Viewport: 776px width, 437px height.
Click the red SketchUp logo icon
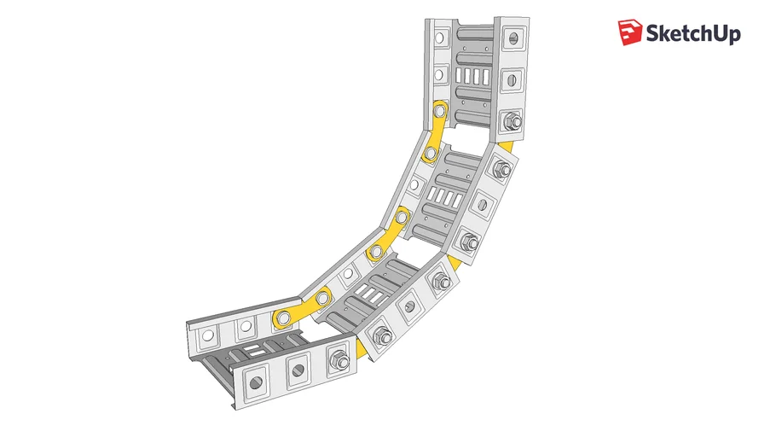629,32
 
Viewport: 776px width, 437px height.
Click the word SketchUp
693,33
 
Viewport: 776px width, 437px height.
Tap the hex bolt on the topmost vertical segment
513,121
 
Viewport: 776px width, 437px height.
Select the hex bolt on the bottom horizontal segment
339,359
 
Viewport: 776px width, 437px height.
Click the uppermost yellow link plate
436,131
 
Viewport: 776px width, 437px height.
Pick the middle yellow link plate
389,235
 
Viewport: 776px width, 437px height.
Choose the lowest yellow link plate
303,307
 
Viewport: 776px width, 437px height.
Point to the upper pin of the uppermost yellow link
439,110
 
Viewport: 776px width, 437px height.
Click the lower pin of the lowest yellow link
284,318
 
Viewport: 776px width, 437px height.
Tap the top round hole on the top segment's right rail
513,38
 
